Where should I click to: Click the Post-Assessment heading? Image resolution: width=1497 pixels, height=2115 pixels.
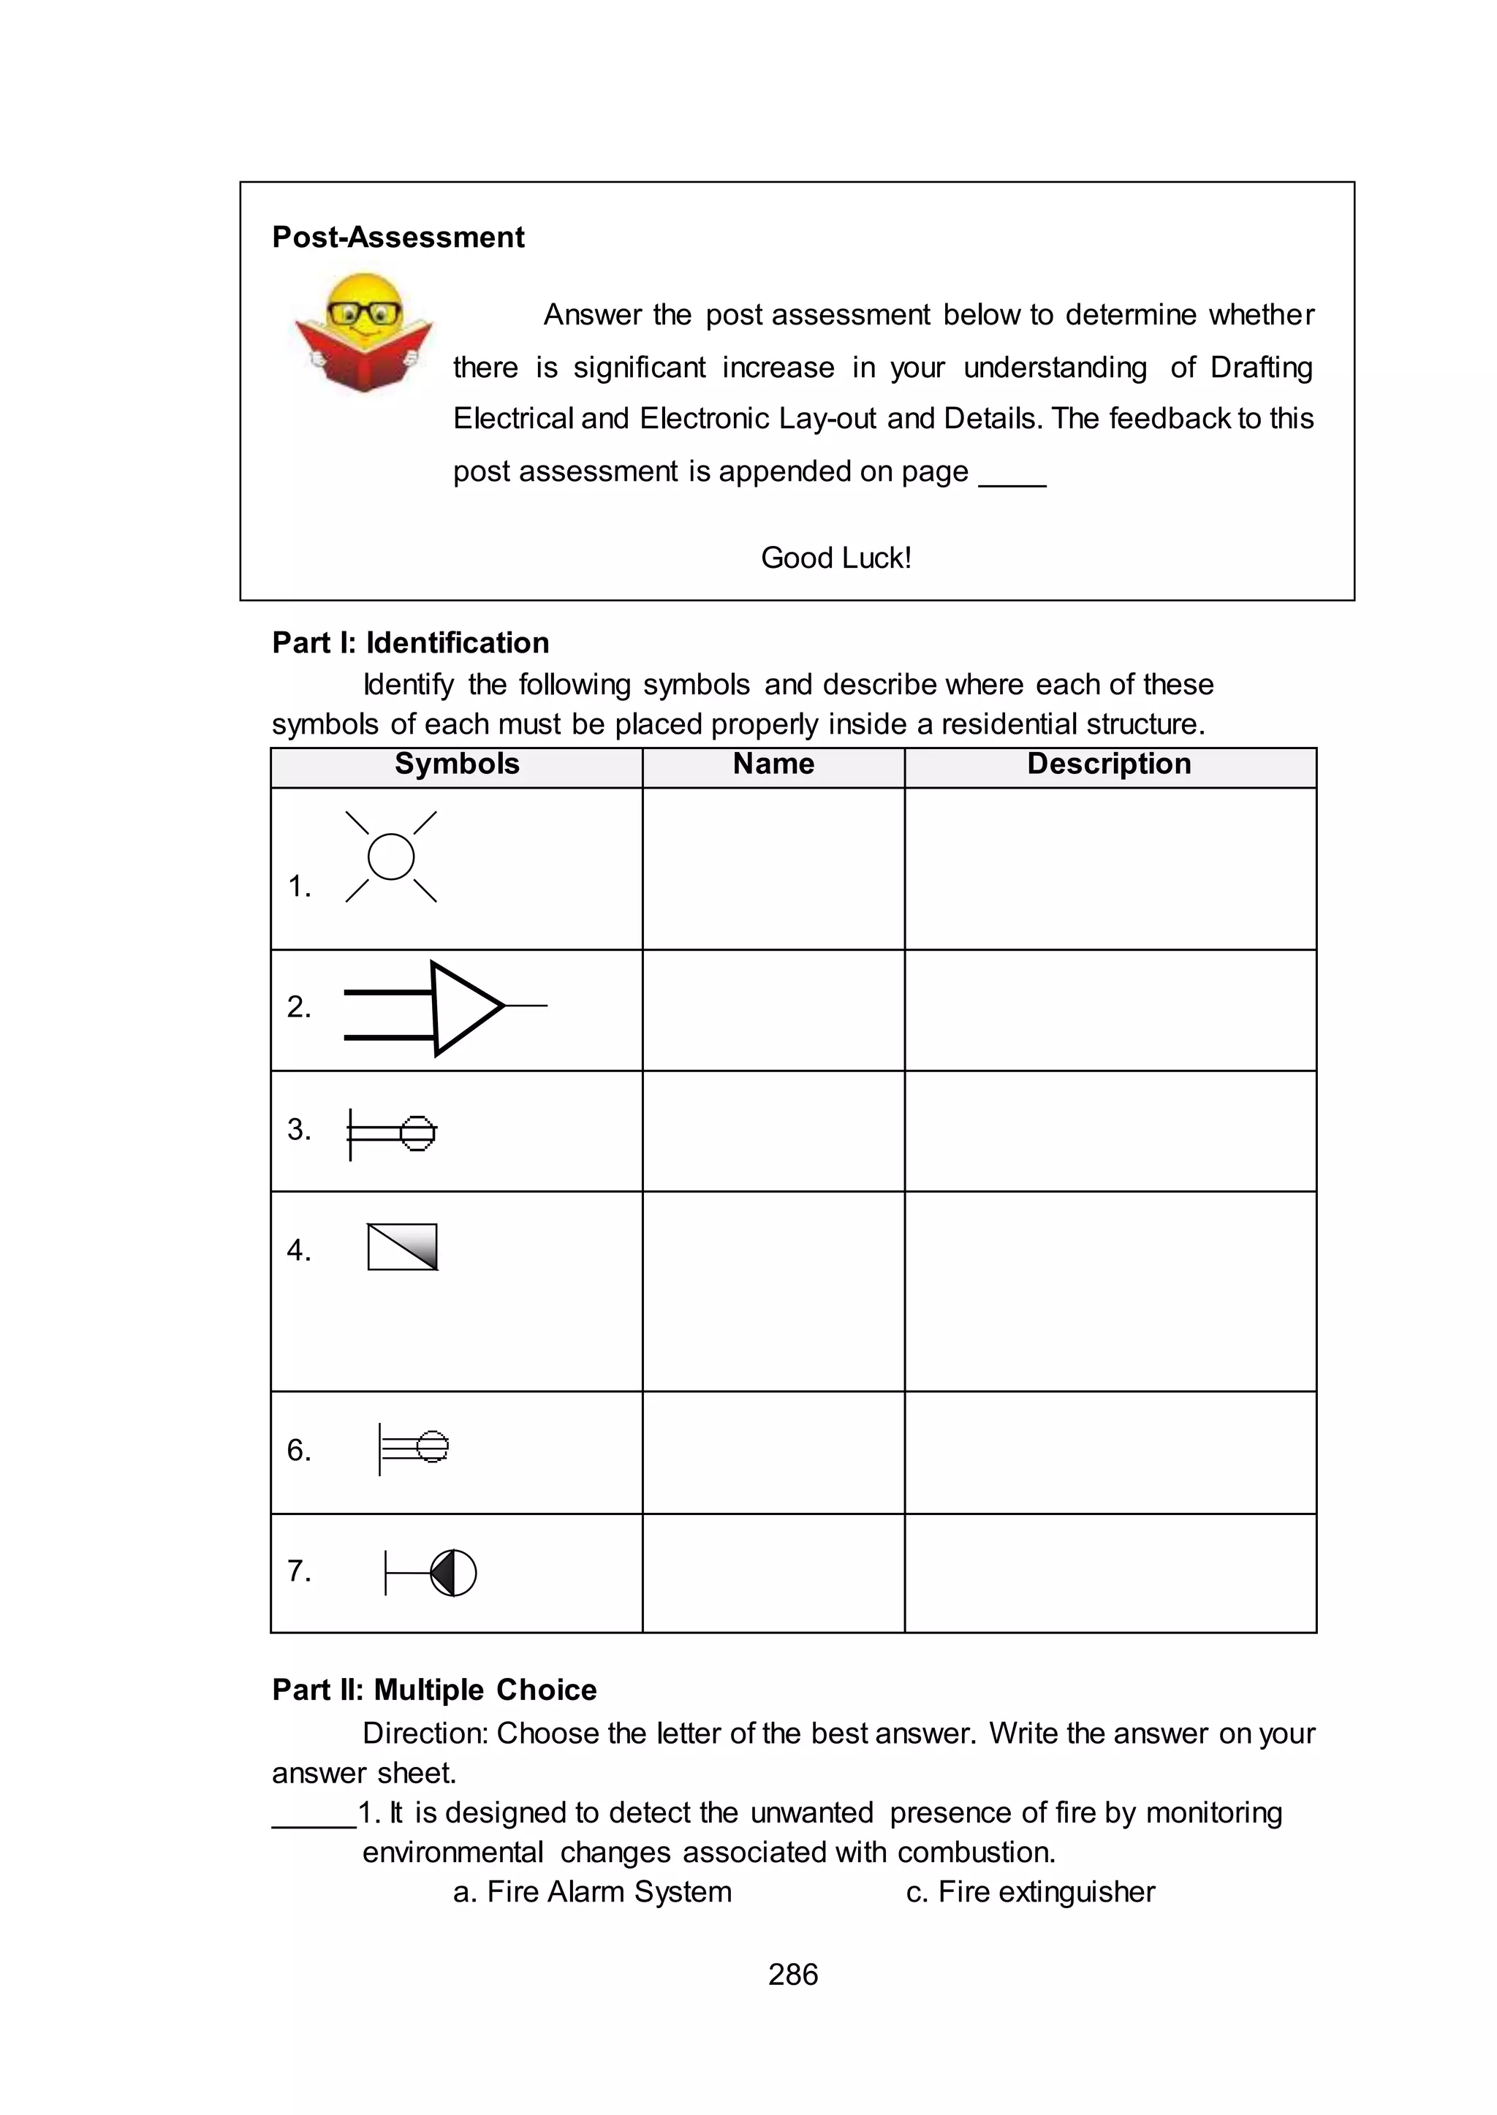click(398, 237)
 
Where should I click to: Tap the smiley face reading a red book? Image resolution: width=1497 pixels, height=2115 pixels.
click(364, 332)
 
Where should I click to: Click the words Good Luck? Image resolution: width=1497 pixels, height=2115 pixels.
click(835, 558)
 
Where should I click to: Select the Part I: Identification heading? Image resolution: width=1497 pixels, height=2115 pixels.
click(410, 642)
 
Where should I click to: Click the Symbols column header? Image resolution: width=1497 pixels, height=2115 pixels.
click(456, 764)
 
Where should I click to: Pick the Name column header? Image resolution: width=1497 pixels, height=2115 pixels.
click(773, 764)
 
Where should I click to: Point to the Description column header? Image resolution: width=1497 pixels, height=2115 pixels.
click(1109, 764)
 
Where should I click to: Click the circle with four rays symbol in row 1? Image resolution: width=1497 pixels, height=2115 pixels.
click(391, 857)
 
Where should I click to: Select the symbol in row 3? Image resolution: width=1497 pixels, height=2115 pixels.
click(393, 1133)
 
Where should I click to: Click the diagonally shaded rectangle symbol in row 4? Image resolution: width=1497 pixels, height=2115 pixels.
click(402, 1247)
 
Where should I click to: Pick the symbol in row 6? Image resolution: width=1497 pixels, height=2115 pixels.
click(413, 1447)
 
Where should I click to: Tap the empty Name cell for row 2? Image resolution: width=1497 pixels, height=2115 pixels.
click(773, 1010)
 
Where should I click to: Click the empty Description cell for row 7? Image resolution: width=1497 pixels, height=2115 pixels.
click(1109, 1572)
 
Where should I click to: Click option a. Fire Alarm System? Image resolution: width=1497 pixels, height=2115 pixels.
click(592, 1891)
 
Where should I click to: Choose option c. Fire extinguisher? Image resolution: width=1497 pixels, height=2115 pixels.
click(1030, 1891)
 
